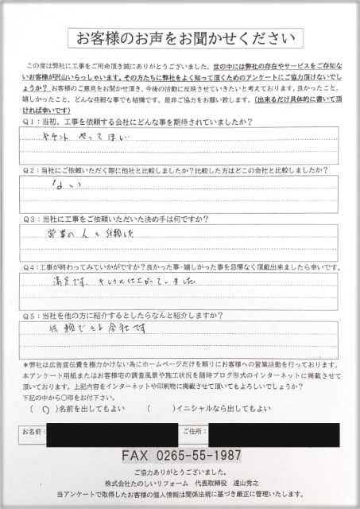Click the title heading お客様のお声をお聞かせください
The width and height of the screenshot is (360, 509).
pos(184,37)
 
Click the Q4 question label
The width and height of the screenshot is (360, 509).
pos(29,268)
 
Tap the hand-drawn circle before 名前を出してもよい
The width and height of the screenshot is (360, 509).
pos(43,409)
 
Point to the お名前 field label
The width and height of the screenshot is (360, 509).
pos(33,432)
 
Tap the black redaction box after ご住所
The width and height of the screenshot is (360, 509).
pos(273,434)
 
